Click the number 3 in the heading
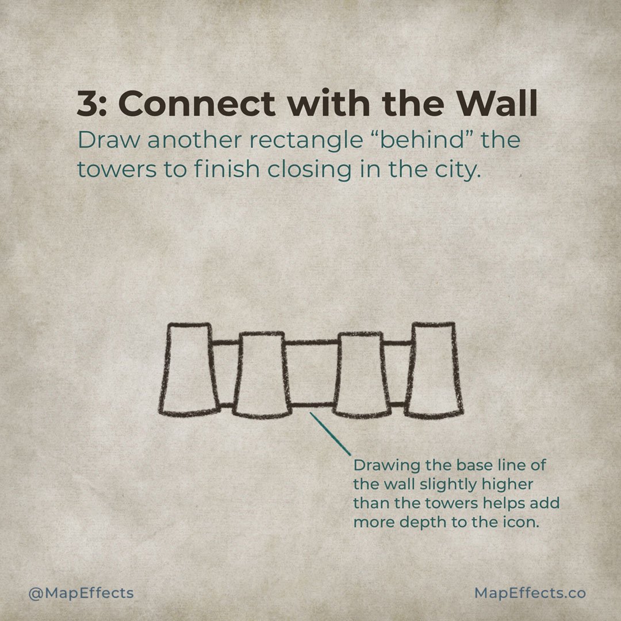pyautogui.click(x=90, y=104)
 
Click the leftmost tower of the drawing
pyautogui.click(x=187, y=369)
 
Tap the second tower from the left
pyautogui.click(x=262, y=374)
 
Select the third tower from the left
pyautogui.click(x=361, y=374)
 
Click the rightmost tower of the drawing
pyautogui.click(x=434, y=369)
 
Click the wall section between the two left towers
pyautogui.click(x=225, y=374)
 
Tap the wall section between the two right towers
pyautogui.click(x=398, y=374)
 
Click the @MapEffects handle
pyautogui.click(x=81, y=593)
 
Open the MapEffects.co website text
pyautogui.click(x=530, y=593)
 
